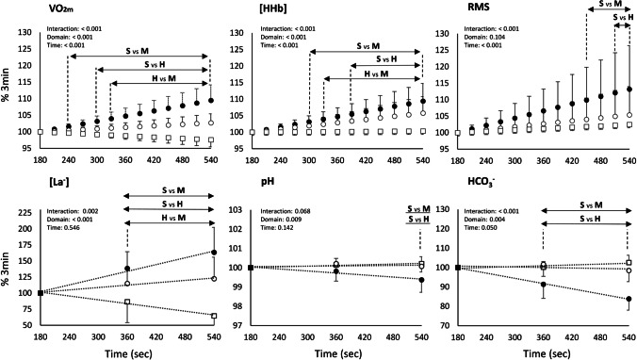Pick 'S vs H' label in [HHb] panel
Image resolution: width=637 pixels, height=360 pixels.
[372, 64]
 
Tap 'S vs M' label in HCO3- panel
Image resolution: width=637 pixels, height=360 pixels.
[570, 205]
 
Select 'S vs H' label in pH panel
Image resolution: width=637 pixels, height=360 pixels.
[401, 219]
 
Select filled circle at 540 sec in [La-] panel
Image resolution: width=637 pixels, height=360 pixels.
[215, 253]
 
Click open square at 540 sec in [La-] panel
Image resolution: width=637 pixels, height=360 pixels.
[215, 316]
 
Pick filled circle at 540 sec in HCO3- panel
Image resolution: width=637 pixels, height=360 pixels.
[628, 299]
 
